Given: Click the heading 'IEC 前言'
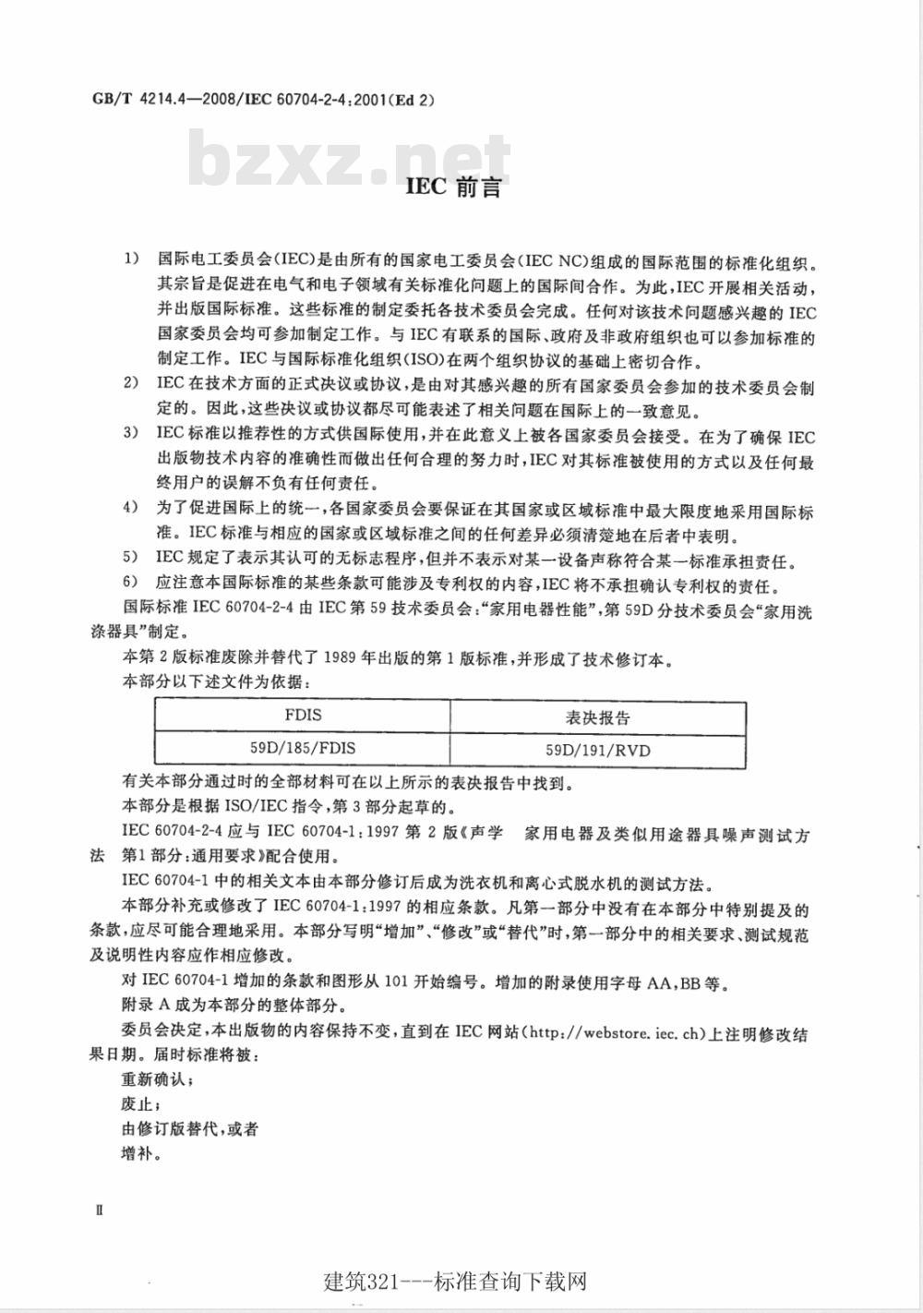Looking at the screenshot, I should (454, 188).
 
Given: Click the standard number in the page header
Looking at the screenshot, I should (262, 99).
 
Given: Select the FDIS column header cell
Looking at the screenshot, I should (303, 716).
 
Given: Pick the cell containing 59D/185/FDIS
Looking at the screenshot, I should (303, 750).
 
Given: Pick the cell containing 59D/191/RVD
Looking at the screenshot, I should (597, 750).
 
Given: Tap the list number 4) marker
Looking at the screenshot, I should (131, 507).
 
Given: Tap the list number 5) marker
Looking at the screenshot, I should (131, 557).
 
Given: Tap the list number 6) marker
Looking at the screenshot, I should (131, 582).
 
